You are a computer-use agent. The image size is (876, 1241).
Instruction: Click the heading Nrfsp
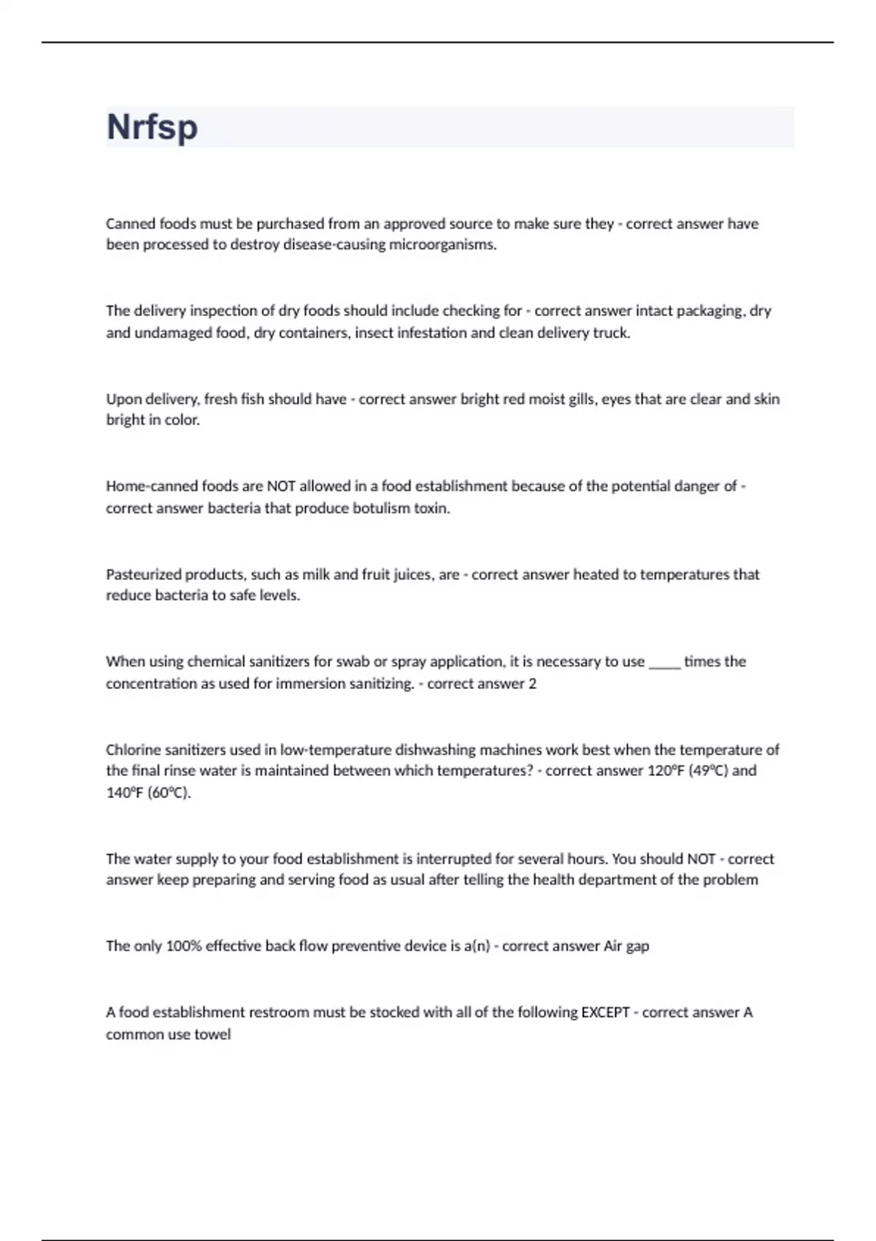[x=152, y=127]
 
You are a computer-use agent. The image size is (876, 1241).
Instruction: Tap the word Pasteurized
[x=143, y=575]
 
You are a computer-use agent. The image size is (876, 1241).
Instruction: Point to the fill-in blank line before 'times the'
[x=664, y=663]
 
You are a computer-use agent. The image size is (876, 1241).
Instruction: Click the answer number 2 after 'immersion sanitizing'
[x=532, y=684]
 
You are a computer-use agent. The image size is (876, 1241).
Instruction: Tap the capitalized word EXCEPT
[x=605, y=1013]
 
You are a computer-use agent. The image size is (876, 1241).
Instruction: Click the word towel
[x=212, y=1034]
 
